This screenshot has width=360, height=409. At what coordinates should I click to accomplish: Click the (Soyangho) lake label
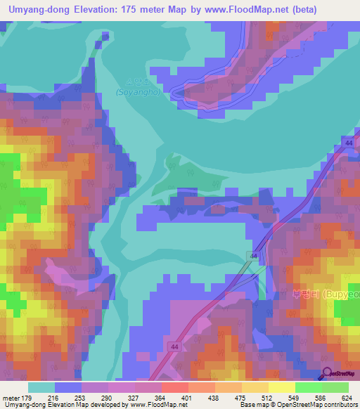(x=139, y=91)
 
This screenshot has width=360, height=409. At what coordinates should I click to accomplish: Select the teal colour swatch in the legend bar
(x=41, y=387)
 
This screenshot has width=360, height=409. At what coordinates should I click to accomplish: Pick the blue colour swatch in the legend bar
(x=68, y=387)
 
